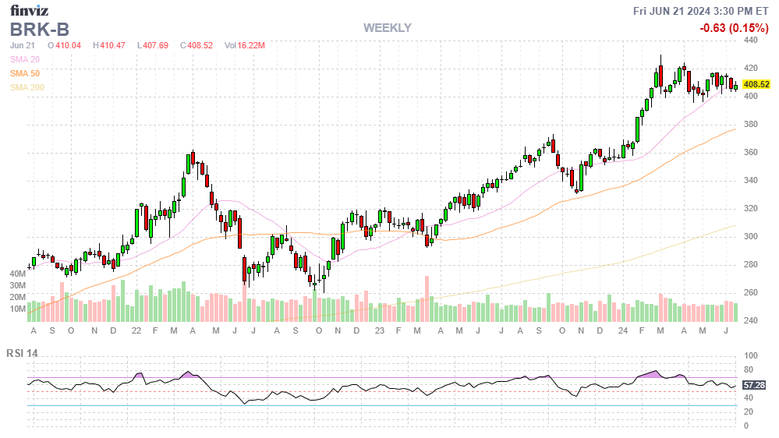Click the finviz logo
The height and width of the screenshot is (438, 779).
click(30, 10)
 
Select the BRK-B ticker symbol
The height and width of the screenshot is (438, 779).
click(39, 29)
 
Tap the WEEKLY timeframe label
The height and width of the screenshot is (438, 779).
click(387, 28)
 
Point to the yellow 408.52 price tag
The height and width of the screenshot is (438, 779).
click(756, 84)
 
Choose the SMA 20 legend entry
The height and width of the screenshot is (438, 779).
click(25, 59)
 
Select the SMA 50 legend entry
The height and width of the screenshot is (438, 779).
click(25, 73)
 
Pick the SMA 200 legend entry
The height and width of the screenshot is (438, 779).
click(27, 87)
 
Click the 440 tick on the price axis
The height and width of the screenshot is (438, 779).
click(751, 40)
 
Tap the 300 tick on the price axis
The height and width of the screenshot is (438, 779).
click(751, 236)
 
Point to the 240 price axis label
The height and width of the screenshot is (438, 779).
click(751, 320)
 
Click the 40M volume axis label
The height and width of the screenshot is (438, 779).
click(17, 274)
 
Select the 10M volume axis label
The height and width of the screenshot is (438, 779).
click(17, 309)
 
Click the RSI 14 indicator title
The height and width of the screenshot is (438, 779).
click(22, 353)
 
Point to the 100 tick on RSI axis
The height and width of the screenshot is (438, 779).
click(749, 355)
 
